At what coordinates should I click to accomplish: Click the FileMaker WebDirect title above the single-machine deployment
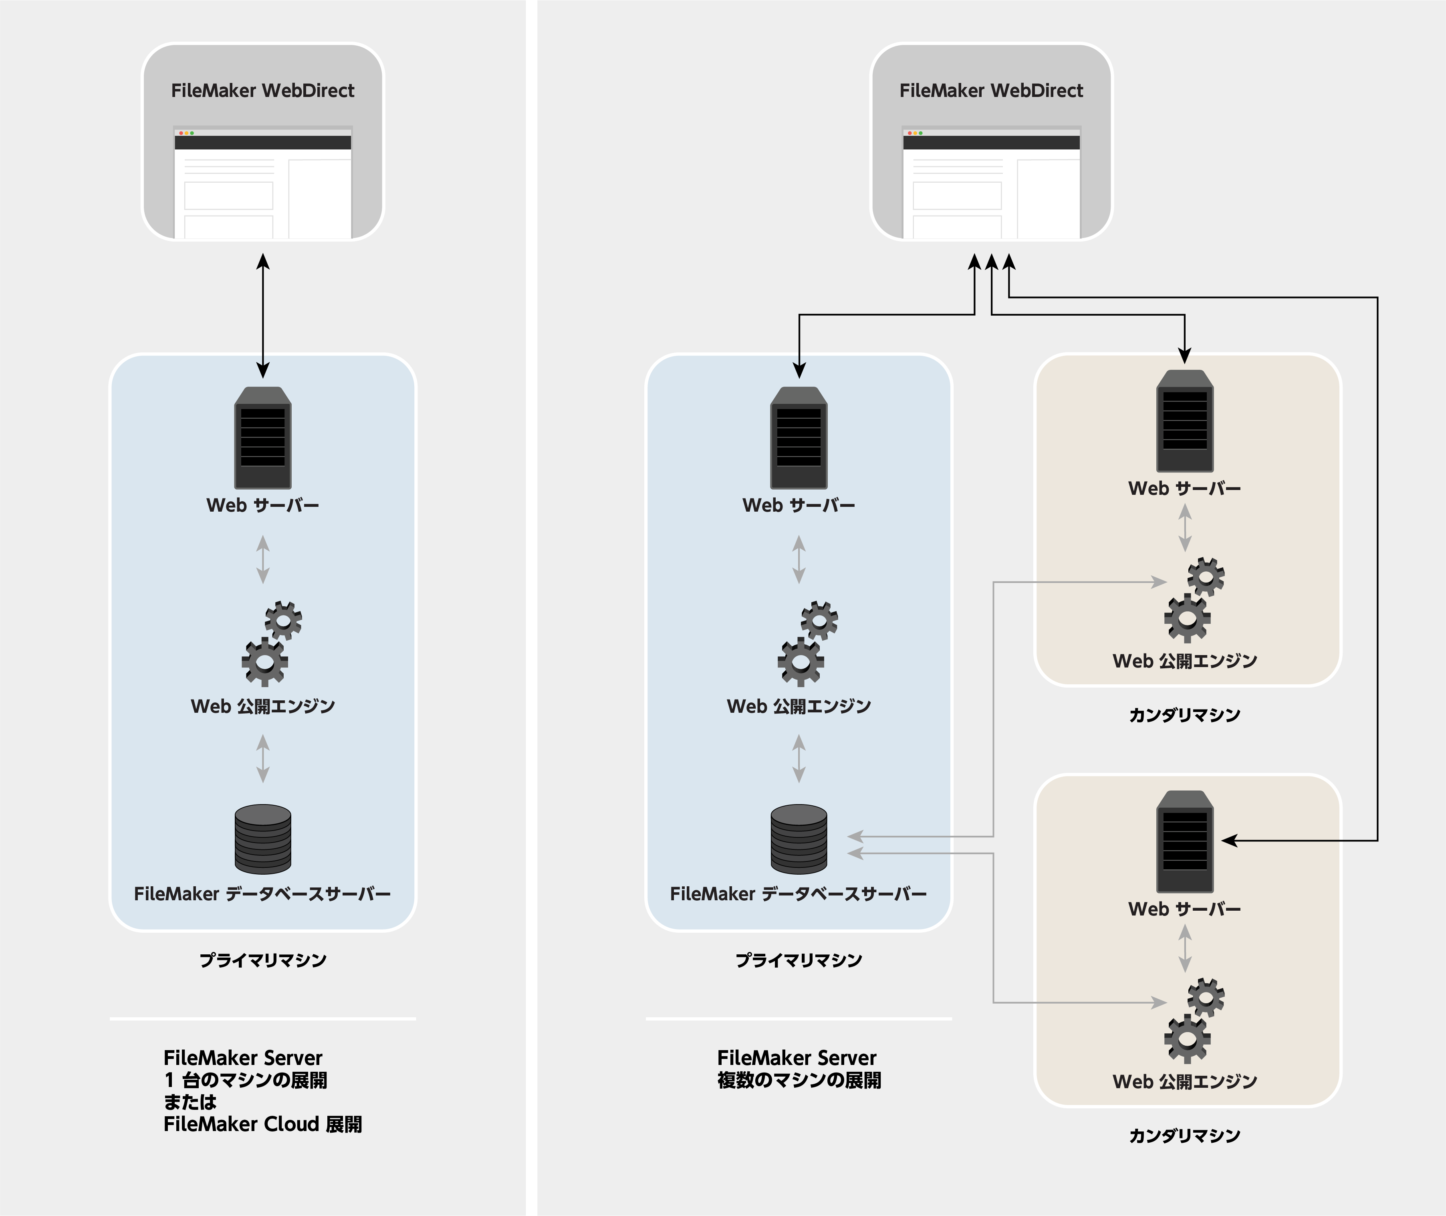click(x=262, y=90)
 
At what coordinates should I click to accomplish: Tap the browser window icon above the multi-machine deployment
click(x=991, y=183)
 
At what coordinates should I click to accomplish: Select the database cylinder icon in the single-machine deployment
click(x=262, y=839)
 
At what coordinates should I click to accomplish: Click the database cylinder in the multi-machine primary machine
click(x=799, y=839)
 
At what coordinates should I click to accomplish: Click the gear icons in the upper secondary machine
click(x=1194, y=600)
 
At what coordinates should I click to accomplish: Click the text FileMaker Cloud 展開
click(x=262, y=1124)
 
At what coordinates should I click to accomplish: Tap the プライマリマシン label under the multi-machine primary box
click(x=799, y=960)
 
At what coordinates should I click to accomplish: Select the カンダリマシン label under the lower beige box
click(x=1185, y=1135)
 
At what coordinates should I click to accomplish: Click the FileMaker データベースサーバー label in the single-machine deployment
click(x=262, y=894)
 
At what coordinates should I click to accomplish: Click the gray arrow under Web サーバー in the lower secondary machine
click(x=1185, y=948)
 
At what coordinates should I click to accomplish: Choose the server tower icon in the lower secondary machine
click(x=1185, y=841)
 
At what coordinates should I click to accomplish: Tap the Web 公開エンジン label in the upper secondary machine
click(x=1185, y=661)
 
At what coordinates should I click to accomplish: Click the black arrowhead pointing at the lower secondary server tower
click(x=1230, y=840)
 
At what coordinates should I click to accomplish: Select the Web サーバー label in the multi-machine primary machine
click(x=799, y=505)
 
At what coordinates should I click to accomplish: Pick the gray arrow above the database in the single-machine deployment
click(x=262, y=758)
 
